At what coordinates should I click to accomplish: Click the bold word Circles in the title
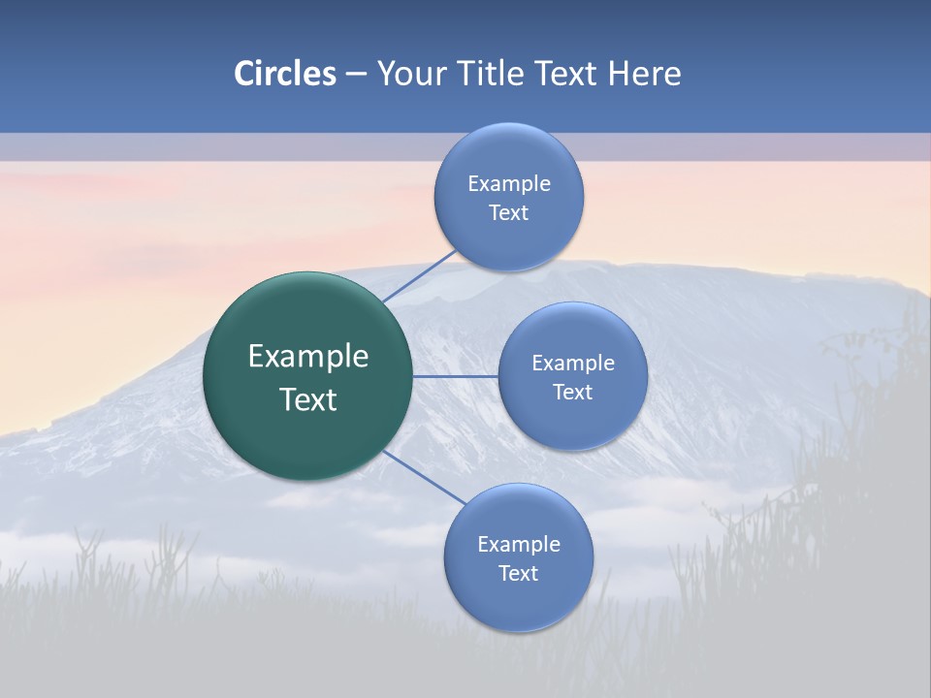pos(285,74)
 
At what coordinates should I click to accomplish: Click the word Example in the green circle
pos(308,357)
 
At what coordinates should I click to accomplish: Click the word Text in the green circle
pos(308,399)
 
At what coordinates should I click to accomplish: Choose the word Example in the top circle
pos(509,184)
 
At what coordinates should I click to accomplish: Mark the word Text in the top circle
pos(509,213)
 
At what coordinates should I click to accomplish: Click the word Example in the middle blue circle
pos(573,364)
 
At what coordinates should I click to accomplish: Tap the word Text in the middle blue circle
pos(573,393)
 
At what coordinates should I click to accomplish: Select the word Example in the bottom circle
pos(519,545)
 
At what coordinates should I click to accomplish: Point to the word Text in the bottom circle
pos(519,574)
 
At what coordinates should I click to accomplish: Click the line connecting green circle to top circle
pos(419,276)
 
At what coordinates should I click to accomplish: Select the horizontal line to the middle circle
pos(455,376)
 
